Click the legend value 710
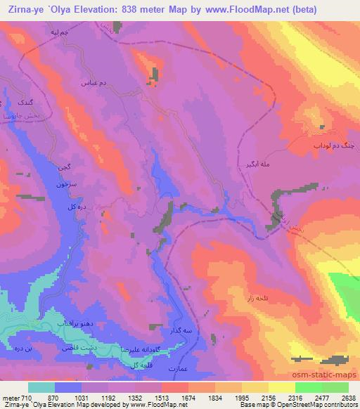[x=25, y=397]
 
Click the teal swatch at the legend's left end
[x=41, y=387]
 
